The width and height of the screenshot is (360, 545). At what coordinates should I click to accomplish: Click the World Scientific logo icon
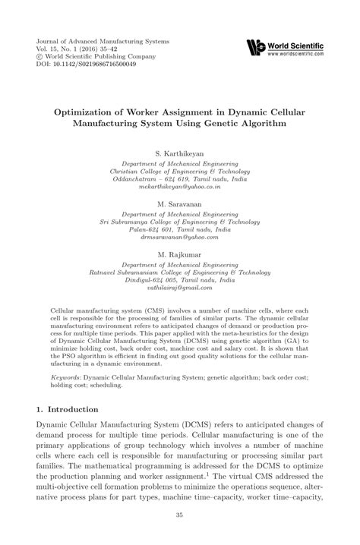(255, 48)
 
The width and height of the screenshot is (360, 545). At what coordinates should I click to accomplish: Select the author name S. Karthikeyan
(179, 153)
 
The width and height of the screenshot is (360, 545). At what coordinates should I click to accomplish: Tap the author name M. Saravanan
(179, 205)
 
